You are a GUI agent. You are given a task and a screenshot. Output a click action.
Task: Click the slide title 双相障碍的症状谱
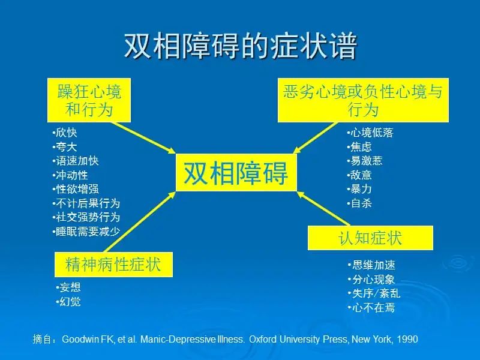click(x=241, y=46)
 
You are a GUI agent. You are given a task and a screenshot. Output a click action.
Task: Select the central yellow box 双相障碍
click(x=236, y=173)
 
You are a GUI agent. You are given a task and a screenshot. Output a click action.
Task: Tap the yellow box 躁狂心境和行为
click(x=89, y=100)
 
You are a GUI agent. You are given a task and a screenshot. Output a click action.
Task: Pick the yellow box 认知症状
click(x=370, y=238)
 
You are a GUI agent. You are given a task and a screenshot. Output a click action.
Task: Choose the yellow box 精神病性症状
click(x=113, y=265)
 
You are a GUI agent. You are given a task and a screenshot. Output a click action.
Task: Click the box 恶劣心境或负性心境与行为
click(x=363, y=100)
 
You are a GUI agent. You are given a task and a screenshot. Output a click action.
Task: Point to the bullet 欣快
click(x=65, y=133)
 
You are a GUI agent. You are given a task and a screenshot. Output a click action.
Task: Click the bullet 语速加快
click(x=76, y=161)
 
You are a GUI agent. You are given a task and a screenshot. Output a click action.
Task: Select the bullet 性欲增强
click(x=76, y=189)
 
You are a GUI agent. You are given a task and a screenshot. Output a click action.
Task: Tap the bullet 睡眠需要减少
click(x=86, y=232)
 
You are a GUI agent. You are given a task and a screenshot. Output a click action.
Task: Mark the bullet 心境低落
click(x=370, y=133)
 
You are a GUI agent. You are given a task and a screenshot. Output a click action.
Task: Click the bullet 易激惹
click(x=365, y=161)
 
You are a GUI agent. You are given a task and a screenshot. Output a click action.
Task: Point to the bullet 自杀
click(x=359, y=203)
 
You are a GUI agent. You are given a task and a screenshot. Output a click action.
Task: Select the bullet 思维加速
click(x=371, y=265)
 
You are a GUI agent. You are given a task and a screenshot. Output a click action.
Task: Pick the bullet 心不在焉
click(x=371, y=307)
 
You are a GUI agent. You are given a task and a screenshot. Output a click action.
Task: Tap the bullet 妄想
click(x=68, y=287)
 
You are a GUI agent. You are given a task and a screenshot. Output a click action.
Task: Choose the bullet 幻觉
click(x=68, y=302)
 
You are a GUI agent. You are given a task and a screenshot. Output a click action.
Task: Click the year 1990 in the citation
click(x=407, y=339)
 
